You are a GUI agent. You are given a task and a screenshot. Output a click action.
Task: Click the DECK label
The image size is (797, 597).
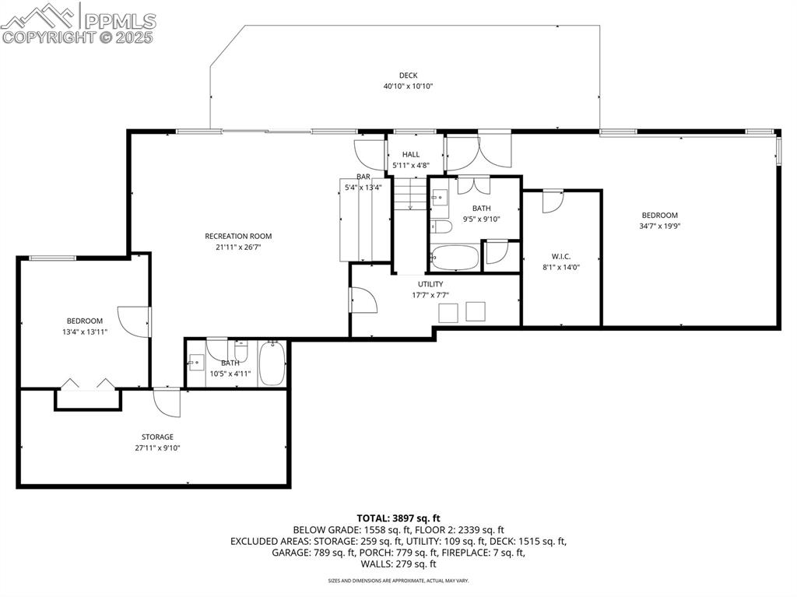408,76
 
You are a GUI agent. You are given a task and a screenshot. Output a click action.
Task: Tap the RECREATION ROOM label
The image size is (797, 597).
238,236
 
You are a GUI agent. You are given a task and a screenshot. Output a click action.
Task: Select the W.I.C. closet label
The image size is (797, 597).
560,255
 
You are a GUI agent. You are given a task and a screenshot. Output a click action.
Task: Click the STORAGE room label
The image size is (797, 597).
157,437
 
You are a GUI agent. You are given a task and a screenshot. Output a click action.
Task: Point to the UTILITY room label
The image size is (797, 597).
430,284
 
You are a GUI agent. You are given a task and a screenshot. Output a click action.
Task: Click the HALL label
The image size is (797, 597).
411,154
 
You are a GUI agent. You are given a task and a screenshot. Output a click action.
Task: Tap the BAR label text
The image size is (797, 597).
363,177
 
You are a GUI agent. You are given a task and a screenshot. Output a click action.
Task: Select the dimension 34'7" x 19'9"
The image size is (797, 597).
659,227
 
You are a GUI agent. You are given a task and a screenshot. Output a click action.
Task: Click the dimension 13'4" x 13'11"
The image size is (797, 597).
84,332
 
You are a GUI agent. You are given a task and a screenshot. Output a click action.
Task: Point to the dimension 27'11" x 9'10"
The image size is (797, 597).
157,448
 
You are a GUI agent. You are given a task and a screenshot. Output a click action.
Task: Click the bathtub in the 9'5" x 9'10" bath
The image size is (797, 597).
455,258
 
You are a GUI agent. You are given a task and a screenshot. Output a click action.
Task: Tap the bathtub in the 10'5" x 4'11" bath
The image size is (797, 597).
272,364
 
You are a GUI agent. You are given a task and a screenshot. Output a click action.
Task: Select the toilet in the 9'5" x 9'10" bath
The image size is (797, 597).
441,227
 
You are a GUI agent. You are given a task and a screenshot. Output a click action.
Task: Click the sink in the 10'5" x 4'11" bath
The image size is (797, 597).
196,361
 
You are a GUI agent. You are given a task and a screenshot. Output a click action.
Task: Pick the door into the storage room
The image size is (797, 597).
167,401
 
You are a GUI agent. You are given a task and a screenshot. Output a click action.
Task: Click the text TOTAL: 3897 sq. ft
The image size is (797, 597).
398,518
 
